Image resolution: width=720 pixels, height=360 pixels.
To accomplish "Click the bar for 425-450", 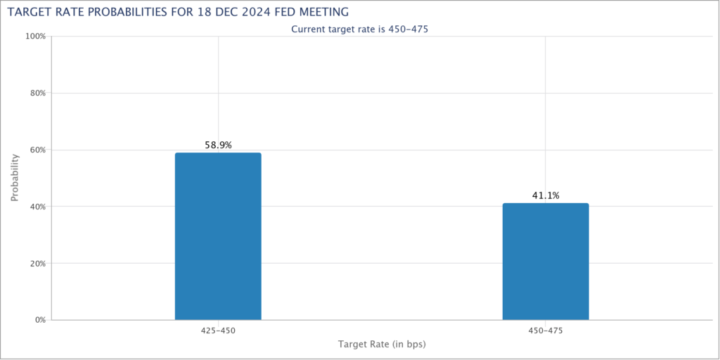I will (x=218, y=236).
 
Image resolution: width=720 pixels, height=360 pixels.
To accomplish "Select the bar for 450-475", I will (x=545, y=262).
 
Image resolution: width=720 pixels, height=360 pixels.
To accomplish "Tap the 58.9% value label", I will (x=218, y=146).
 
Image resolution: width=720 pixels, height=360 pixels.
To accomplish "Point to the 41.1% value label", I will (x=545, y=196).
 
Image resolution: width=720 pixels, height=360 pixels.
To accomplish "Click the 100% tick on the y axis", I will (x=35, y=36).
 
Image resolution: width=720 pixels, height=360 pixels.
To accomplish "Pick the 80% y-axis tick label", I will (x=37, y=93).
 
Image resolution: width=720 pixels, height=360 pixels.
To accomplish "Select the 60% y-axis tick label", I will (x=37, y=150).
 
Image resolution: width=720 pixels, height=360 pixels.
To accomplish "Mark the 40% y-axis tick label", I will (x=37, y=207).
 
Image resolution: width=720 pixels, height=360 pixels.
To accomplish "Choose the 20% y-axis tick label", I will (x=37, y=264).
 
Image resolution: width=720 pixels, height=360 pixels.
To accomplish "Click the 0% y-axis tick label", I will (x=39, y=320).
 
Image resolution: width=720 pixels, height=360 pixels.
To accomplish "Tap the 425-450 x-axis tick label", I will (x=218, y=330).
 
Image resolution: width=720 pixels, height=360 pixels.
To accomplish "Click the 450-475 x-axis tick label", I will (x=545, y=330).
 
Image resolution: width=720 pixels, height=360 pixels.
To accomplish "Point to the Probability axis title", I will (x=15, y=178).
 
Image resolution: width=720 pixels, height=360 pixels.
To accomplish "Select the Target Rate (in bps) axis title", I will (x=382, y=345).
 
